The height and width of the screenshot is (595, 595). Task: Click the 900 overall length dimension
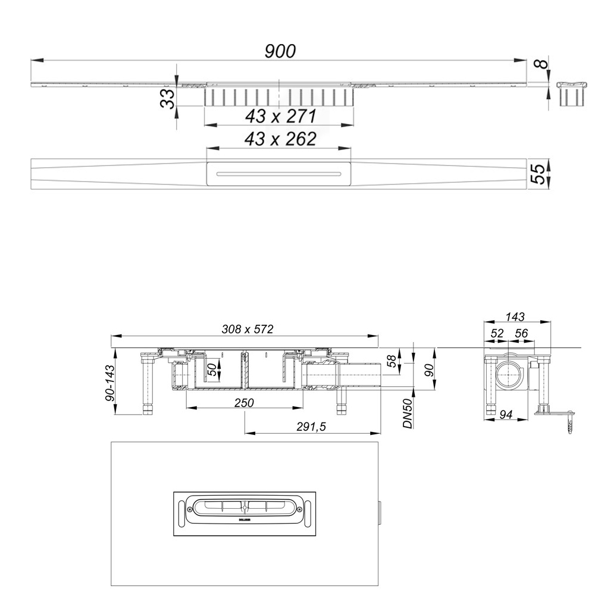point(280,51)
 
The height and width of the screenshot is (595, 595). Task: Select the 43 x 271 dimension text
point(280,116)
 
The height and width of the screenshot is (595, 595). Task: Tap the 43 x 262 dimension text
point(280,139)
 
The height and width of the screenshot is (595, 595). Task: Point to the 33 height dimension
point(168,98)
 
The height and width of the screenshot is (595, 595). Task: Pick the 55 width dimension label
point(538,173)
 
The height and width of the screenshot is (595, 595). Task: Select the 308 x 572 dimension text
point(245,329)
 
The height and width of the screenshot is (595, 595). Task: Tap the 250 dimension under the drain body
point(244,403)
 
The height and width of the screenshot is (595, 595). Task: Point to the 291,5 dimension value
point(313,427)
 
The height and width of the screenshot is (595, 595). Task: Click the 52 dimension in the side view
point(497,334)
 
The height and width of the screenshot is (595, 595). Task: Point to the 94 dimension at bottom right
point(508,414)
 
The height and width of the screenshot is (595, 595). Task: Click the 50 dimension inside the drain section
point(211,369)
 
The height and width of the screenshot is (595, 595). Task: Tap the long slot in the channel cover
point(279,174)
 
